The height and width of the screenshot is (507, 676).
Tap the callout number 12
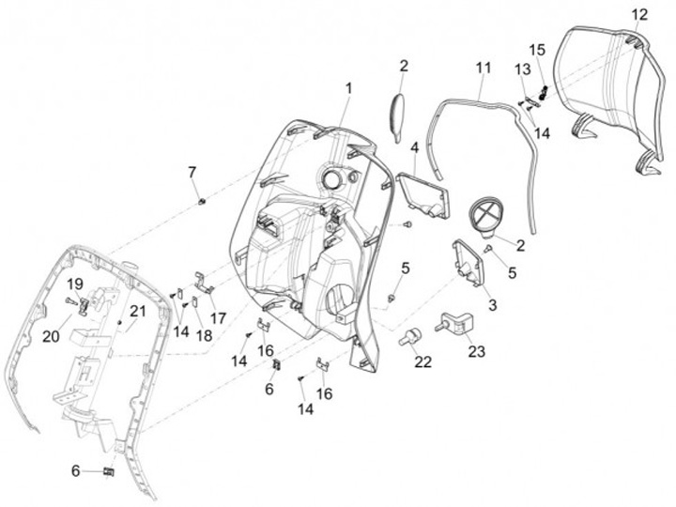click(639, 14)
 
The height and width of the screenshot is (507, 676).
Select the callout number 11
click(483, 68)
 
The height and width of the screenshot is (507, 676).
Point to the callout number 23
click(477, 351)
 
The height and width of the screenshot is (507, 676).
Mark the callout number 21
click(138, 311)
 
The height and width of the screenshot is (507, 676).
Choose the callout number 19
click(75, 283)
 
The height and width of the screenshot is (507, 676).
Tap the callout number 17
click(219, 317)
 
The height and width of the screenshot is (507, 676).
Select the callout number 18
click(204, 335)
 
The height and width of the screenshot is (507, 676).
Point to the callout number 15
click(536, 49)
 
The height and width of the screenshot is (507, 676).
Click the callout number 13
click(522, 69)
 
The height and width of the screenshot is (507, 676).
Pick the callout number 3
click(491, 306)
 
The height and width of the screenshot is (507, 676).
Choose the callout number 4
click(414, 146)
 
